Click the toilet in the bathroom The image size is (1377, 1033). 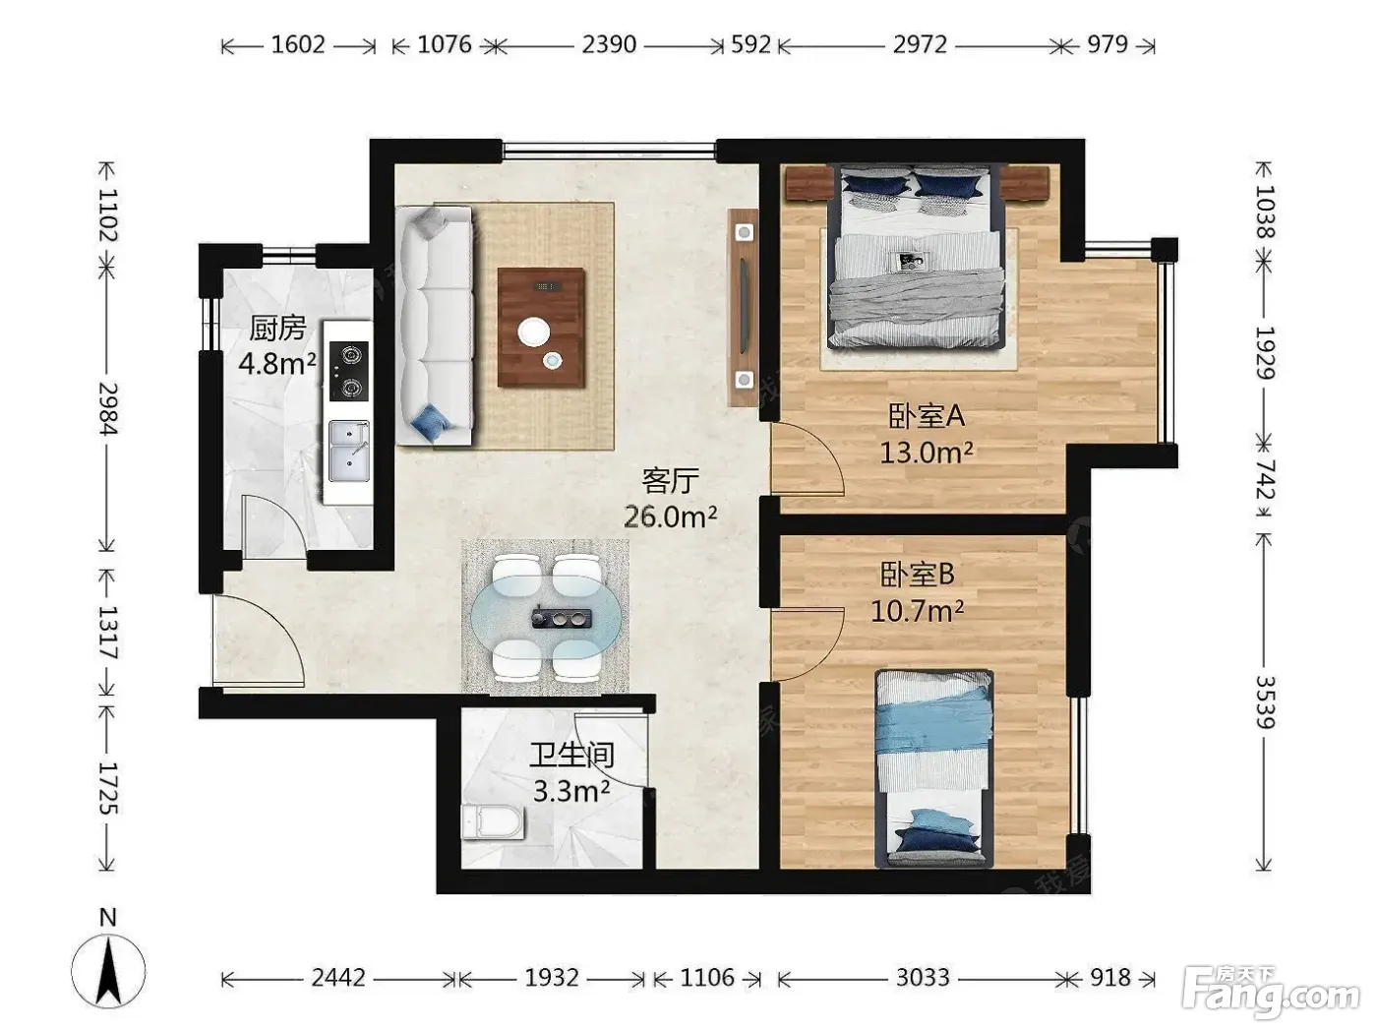pyautogui.click(x=493, y=822)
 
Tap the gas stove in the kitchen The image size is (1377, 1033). pyautogui.click(x=348, y=371)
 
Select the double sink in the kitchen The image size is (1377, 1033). pyautogui.click(x=349, y=452)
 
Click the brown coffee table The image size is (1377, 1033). pyautogui.click(x=541, y=328)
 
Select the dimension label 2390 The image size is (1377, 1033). pyautogui.click(x=609, y=45)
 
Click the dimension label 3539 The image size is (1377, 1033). pyautogui.click(x=1264, y=701)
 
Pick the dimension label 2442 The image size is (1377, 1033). pyautogui.click(x=338, y=978)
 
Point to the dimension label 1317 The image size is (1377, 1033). pyautogui.click(x=108, y=633)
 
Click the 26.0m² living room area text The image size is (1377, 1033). pyautogui.click(x=671, y=516)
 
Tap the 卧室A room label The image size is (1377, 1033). pyautogui.click(x=926, y=416)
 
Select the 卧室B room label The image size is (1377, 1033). pyautogui.click(x=917, y=574)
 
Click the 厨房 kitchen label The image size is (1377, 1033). pyautogui.click(x=277, y=329)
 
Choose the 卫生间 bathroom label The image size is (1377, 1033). pyautogui.click(x=571, y=756)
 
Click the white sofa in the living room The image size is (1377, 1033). pyautogui.click(x=434, y=327)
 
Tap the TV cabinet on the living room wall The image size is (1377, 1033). pyautogui.click(x=743, y=307)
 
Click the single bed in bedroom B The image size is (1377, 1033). pyautogui.click(x=934, y=769)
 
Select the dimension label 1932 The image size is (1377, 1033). pyautogui.click(x=552, y=978)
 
